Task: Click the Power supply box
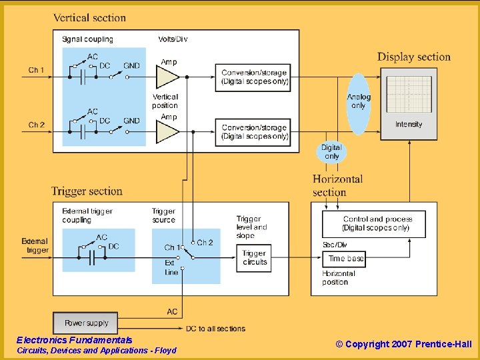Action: [86, 323]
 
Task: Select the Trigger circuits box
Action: [254, 258]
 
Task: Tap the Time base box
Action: [346, 258]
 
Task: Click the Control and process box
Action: [377, 223]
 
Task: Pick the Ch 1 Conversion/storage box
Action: [254, 77]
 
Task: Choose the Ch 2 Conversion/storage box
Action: [254, 132]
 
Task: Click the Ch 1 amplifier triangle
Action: [167, 77]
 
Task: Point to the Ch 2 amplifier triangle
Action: [167, 132]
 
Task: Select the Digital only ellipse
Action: [331, 152]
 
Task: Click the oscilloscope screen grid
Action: [409, 94]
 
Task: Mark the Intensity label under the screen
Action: [409, 125]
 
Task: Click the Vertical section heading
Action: [89, 17]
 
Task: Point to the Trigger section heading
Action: [87, 191]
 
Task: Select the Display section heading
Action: [414, 57]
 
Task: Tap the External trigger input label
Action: [35, 246]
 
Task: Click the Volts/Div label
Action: [173, 39]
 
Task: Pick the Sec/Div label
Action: [335, 245]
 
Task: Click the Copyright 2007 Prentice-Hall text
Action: [403, 344]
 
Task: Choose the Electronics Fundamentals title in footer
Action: [74, 340]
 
